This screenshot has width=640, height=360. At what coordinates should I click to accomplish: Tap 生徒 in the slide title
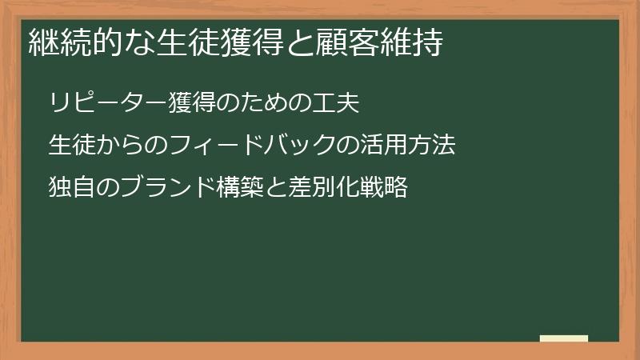click(186, 42)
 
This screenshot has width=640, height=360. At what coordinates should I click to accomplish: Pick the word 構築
click(241, 188)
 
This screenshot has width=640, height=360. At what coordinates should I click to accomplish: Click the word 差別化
click(324, 188)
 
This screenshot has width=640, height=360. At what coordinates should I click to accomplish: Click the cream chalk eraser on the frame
click(564, 339)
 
